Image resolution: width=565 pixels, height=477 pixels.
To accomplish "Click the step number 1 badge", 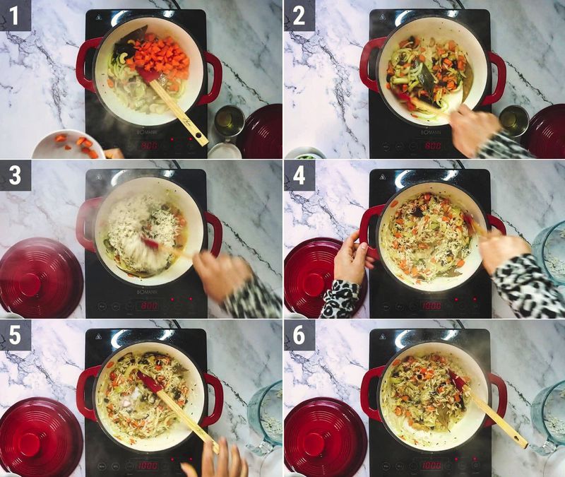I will tap(15, 15).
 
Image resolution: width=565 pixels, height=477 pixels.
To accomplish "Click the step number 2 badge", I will tap(299, 15).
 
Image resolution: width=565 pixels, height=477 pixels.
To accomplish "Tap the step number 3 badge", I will tap(15, 175).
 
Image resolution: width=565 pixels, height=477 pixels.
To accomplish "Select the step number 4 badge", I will tap(299, 175).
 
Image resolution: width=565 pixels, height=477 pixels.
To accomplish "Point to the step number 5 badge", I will tap(15, 334).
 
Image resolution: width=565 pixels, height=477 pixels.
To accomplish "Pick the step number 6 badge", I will tap(299, 334).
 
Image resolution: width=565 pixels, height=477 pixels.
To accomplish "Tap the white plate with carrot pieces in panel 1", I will tap(67, 145).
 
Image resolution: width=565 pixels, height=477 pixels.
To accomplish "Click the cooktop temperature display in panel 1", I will tap(149, 145).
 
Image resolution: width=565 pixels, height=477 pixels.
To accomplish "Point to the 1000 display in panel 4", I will tap(432, 305).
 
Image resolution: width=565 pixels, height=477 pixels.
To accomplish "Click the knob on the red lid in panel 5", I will tap(30, 444).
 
